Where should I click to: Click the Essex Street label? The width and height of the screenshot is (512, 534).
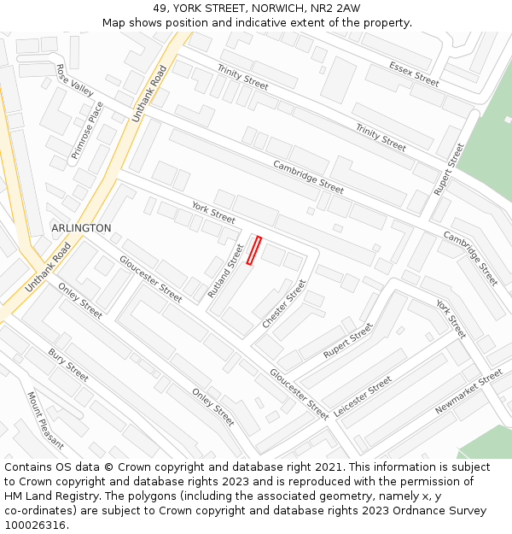[x=414, y=73]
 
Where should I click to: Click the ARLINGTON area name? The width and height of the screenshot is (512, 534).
[x=81, y=228]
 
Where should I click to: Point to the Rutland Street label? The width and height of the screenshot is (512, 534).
[x=226, y=271]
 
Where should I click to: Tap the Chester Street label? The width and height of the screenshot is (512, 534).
[x=284, y=303]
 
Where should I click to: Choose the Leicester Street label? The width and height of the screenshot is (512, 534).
[x=363, y=396]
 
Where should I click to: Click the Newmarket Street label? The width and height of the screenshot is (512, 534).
[x=468, y=392]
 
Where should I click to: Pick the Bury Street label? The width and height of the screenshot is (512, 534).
[x=68, y=365]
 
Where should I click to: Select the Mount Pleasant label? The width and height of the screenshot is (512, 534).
[x=45, y=420]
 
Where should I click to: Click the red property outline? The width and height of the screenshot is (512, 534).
[x=253, y=250]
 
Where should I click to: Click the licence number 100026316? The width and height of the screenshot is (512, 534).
[x=35, y=525]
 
